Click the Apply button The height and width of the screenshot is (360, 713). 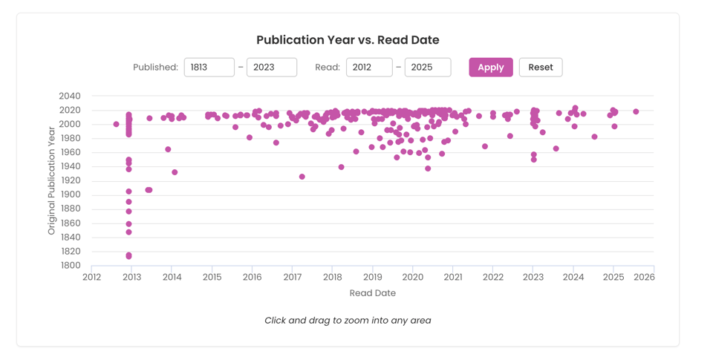coord(490,68)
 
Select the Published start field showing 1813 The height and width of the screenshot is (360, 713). coord(209,68)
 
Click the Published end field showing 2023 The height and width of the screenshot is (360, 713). coord(272,68)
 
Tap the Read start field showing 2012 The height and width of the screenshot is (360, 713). coord(369,68)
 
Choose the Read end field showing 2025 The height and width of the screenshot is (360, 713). coord(428,68)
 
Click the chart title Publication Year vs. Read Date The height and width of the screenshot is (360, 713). coord(348,40)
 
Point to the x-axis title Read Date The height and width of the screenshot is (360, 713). coord(372,293)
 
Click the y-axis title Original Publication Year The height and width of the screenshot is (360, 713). coord(52,180)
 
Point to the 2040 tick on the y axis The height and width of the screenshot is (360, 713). coord(70,96)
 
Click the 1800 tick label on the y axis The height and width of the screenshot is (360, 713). coord(70,266)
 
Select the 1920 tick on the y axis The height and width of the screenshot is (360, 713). coord(70,180)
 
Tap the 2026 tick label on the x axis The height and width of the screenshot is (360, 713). coord(644,278)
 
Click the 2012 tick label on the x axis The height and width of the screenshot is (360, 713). coord(91,278)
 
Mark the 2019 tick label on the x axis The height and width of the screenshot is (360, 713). coord(372,278)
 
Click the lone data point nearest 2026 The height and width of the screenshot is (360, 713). coord(636,112)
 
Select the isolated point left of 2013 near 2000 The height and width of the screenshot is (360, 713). coord(117,125)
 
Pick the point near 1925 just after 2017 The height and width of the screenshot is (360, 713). coord(302,177)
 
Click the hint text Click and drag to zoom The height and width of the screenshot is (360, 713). coord(348,321)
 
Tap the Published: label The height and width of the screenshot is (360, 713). coord(155,68)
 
